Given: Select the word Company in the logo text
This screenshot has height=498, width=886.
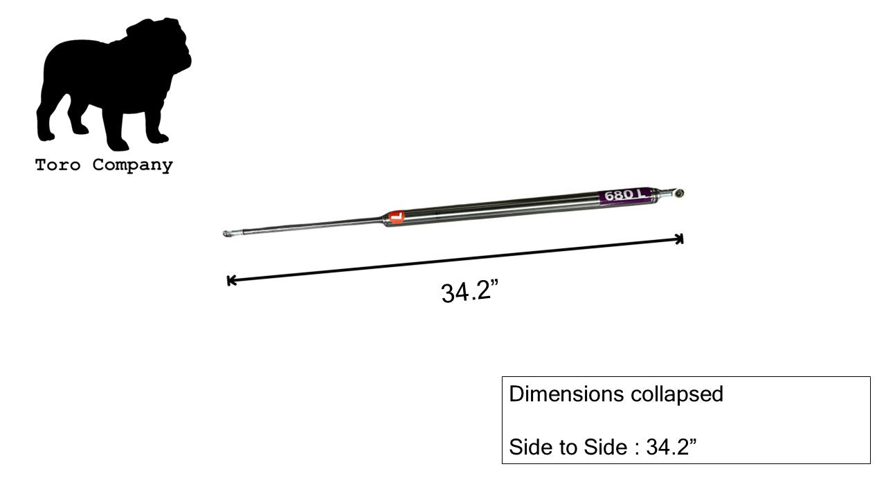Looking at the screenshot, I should pyautogui.click(x=132, y=165).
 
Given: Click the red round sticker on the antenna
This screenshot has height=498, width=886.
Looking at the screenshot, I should pyautogui.click(x=396, y=217).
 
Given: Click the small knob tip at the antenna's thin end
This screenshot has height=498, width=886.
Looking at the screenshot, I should pyautogui.click(x=227, y=234).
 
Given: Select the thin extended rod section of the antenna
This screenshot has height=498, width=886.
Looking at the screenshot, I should pyautogui.click(x=305, y=225).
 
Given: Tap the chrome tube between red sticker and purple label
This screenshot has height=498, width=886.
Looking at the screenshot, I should pyautogui.click(x=498, y=207).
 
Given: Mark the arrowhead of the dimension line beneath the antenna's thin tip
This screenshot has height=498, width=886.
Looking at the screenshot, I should pyautogui.click(x=230, y=280).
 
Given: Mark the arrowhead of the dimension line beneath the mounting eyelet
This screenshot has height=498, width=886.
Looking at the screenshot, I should pyautogui.click(x=680, y=239).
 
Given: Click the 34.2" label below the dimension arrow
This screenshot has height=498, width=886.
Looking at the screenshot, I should pyautogui.click(x=469, y=291).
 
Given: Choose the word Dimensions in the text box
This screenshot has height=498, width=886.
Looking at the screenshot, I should pyautogui.click(x=566, y=394).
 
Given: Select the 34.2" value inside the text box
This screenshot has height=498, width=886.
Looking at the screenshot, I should pyautogui.click(x=671, y=447).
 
